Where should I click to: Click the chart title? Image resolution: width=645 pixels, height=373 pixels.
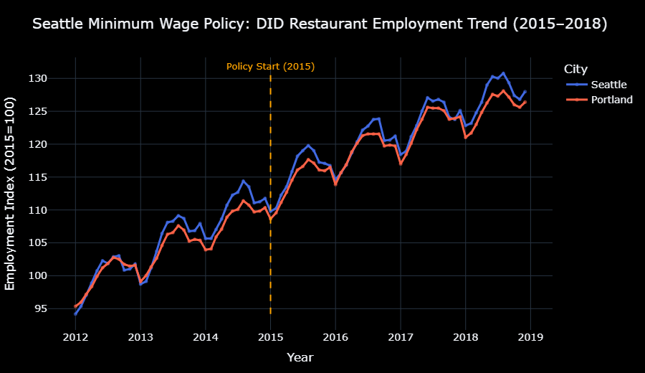[320, 24]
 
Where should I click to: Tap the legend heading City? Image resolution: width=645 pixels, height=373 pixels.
[575, 69]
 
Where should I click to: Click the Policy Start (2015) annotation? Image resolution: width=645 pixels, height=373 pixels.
[270, 67]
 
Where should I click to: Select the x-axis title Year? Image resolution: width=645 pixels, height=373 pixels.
[300, 357]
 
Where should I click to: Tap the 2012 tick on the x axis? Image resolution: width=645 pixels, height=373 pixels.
[75, 336]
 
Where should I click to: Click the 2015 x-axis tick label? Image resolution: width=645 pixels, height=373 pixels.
[270, 336]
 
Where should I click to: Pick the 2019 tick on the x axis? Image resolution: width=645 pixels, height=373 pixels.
[530, 336]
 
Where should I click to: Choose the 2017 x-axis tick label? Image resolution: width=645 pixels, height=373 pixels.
[400, 336]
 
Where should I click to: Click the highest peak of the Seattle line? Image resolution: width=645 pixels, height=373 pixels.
[503, 73]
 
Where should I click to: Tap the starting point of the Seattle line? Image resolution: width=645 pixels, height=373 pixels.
[75, 314]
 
